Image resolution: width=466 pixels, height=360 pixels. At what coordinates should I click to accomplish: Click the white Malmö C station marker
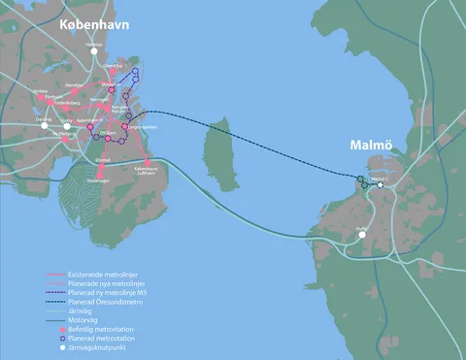381,185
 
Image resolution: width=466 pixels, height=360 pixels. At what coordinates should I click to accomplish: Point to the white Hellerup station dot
95,52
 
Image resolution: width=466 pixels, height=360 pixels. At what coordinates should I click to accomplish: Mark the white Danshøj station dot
43,123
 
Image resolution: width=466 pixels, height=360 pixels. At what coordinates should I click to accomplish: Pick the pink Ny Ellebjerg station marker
66,140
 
